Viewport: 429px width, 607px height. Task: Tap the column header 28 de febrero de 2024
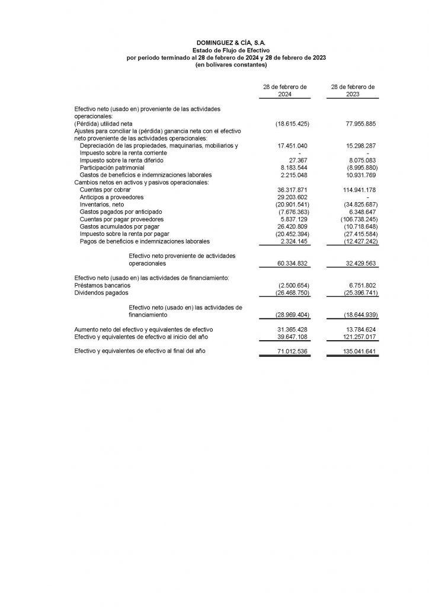[x=285, y=90]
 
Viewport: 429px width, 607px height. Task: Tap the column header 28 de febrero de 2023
[x=353, y=90]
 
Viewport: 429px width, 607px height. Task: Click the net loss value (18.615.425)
[x=293, y=123]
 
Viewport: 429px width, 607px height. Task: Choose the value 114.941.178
[x=357, y=190]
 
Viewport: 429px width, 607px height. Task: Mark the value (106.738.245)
[x=356, y=219]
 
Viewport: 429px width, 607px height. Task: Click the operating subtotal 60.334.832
[x=293, y=263]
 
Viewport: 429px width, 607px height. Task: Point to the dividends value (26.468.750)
[x=293, y=292]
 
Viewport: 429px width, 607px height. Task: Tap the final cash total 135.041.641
[x=357, y=352]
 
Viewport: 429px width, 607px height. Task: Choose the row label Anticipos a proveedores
[x=111, y=197]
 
